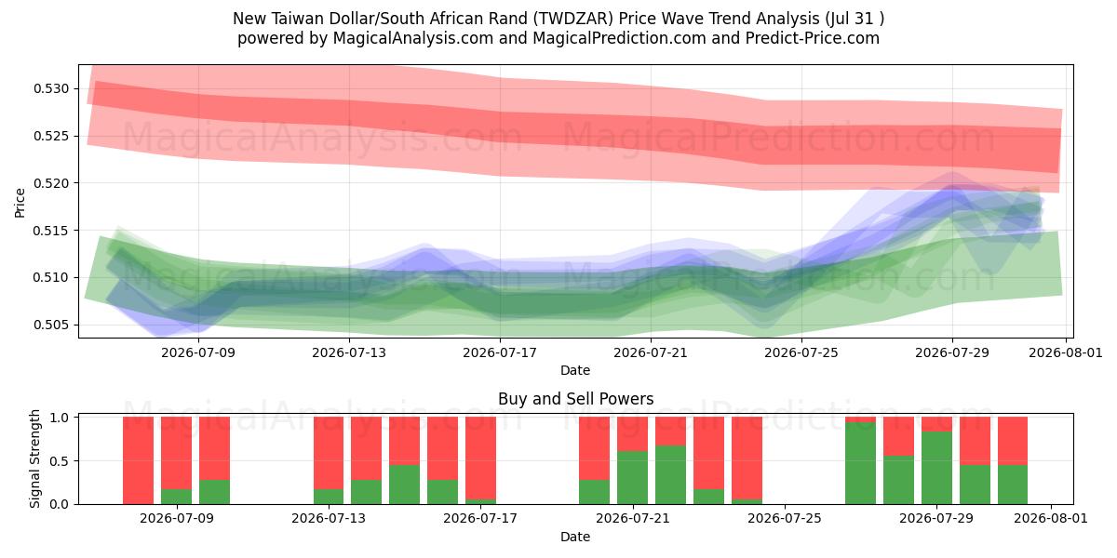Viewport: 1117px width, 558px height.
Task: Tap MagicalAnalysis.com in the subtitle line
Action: (413, 38)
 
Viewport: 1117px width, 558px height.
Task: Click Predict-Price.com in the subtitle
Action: (813, 38)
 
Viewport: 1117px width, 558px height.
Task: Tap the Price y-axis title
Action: (20, 203)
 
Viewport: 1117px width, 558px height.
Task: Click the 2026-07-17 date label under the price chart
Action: (500, 352)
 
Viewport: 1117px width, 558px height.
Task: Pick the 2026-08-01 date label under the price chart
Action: (1066, 352)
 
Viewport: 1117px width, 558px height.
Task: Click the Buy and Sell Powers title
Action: (575, 399)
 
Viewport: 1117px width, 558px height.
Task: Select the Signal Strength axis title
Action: (34, 458)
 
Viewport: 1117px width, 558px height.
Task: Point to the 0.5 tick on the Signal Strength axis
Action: (60, 461)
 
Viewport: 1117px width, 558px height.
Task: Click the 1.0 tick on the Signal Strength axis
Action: (60, 418)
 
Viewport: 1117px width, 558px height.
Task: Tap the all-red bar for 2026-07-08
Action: (138, 460)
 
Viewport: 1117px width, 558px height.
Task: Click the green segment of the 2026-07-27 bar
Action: (860, 463)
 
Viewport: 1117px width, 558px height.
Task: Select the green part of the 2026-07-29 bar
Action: (936, 468)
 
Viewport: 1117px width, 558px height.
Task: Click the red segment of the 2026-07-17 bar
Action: (480, 458)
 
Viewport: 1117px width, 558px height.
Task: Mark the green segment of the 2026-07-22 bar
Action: (671, 475)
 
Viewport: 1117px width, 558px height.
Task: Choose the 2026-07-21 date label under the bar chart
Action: (633, 518)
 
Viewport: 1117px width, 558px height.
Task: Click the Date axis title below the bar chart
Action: (575, 537)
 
